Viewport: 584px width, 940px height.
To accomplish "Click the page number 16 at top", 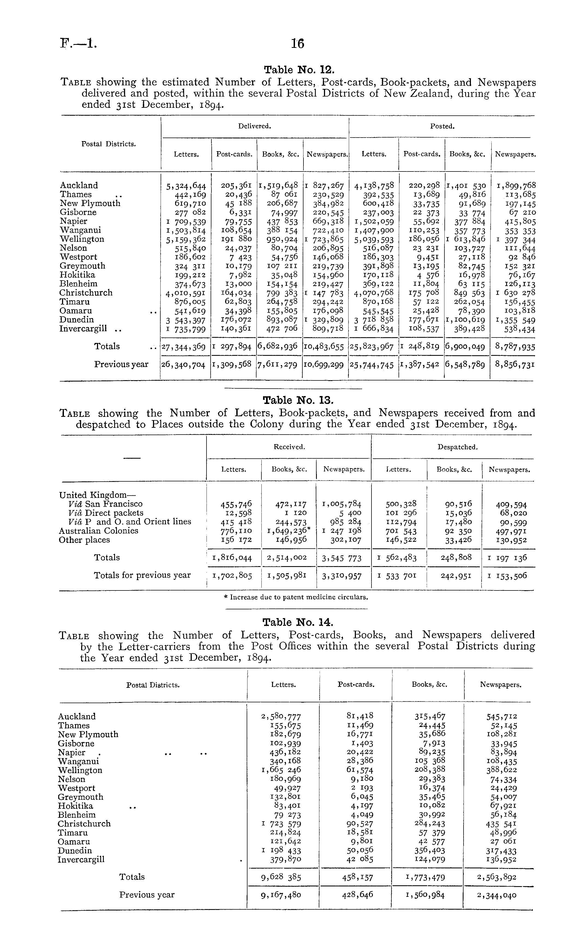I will tap(297, 44).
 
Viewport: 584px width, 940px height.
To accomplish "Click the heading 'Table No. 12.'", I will tap(297, 69).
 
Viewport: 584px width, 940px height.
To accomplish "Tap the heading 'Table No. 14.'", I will tap(297, 622).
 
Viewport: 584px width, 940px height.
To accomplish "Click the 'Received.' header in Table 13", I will tap(289, 447).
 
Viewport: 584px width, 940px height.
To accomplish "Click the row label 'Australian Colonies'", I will tap(99, 531).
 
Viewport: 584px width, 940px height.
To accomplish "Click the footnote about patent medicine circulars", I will tap(296, 597).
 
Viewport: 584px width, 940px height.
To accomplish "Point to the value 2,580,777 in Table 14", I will tap(281, 717).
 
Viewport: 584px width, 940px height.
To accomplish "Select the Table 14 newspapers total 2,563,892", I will tap(497, 877).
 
